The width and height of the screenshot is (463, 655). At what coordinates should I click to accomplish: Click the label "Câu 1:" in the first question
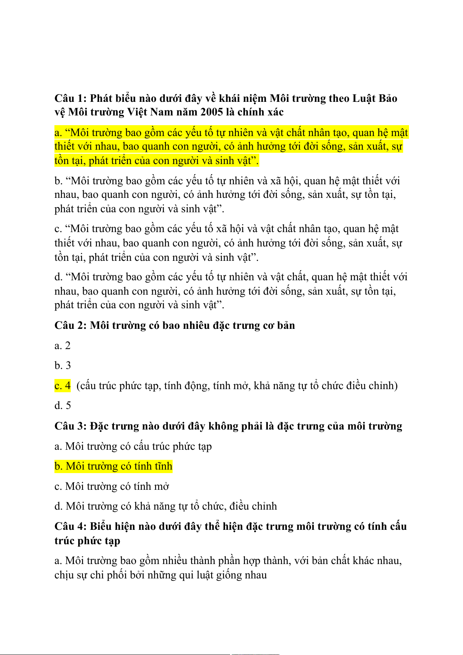pyautogui.click(x=71, y=98)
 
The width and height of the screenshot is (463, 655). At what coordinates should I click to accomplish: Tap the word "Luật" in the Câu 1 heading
pyautogui.click(x=364, y=98)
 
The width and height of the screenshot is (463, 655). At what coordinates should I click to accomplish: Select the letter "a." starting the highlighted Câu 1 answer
pyautogui.click(x=58, y=133)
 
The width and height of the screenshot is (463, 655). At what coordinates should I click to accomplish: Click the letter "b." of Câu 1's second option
pyautogui.click(x=58, y=181)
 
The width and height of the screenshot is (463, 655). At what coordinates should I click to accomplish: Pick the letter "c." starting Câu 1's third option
pyautogui.click(x=58, y=229)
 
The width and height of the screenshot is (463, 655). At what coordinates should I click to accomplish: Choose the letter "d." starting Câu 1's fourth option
pyautogui.click(x=58, y=277)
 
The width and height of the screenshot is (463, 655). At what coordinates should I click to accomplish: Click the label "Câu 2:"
pyautogui.click(x=71, y=325)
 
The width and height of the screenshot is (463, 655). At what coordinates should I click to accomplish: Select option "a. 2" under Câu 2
pyautogui.click(x=63, y=346)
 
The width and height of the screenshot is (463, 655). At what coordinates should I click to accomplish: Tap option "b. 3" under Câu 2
pyautogui.click(x=63, y=366)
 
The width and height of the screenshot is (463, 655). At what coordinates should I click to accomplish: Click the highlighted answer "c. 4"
pyautogui.click(x=63, y=386)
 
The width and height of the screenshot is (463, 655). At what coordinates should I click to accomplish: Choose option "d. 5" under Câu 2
pyautogui.click(x=63, y=406)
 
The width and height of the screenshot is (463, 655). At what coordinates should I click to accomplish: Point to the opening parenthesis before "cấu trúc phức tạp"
pyautogui.click(x=79, y=386)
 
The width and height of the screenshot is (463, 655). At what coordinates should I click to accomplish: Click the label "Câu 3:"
pyautogui.click(x=71, y=426)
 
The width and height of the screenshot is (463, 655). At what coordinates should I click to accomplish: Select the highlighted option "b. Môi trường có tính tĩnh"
pyautogui.click(x=113, y=466)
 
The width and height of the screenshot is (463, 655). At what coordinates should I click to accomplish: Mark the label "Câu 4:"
pyautogui.click(x=71, y=527)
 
